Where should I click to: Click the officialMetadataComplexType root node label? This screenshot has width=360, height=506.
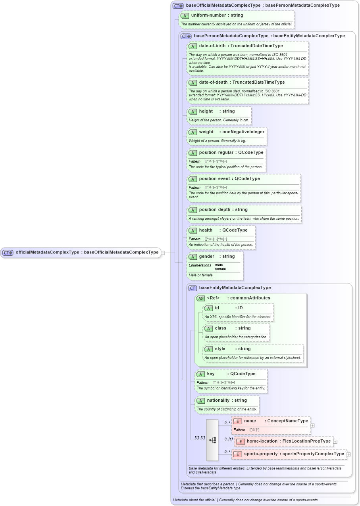pyautogui.click(x=87, y=252)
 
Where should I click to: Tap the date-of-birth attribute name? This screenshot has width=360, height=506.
pyautogui.click(x=212, y=46)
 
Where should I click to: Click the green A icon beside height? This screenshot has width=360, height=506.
pyautogui.click(x=193, y=111)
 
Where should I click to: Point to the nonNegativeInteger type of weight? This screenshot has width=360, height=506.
pyautogui.click(x=243, y=132)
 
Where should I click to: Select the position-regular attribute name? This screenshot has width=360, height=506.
pyautogui.click(x=216, y=153)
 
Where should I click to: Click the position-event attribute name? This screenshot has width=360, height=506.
pyautogui.click(x=215, y=179)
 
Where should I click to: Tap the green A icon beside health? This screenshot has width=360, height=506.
pyautogui.click(x=193, y=230)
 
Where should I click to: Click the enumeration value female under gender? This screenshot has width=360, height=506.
pyautogui.click(x=220, y=269)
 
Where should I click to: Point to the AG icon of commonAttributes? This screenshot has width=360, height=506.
pyautogui.click(x=200, y=298)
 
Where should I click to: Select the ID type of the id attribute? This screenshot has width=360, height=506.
pyautogui.click(x=240, y=308)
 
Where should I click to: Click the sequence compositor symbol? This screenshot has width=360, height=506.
pyautogui.click(x=212, y=440)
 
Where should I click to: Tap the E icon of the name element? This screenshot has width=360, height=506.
pyautogui.click(x=237, y=421)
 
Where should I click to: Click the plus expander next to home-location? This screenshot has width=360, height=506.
pyautogui.click(x=335, y=441)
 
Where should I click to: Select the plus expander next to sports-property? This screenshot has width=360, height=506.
pyautogui.click(x=348, y=454)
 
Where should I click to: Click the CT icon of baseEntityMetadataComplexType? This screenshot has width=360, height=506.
pyautogui.click(x=193, y=288)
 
